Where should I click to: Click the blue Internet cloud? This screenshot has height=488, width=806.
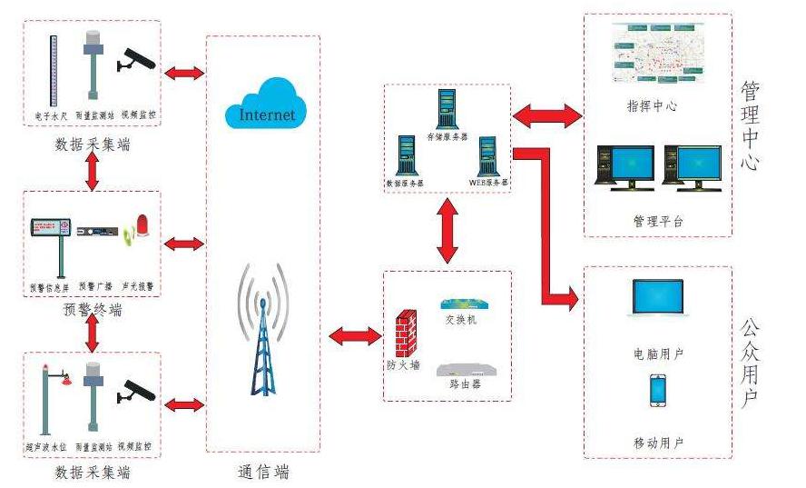[267, 104]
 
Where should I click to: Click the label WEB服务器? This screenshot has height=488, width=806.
[488, 182]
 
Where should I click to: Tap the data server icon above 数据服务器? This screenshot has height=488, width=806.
[406, 155]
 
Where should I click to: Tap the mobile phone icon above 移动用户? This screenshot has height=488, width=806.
[658, 392]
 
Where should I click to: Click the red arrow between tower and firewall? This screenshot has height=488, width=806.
[355, 336]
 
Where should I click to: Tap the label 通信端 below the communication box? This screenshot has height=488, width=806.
[263, 472]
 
